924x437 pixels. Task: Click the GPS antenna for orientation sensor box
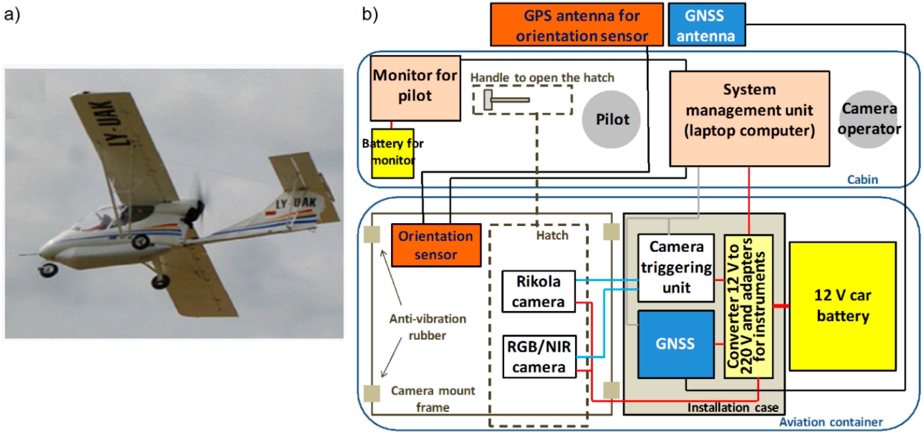coord(577,25)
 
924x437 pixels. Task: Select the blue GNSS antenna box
coord(706,25)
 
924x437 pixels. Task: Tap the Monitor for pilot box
coord(415,88)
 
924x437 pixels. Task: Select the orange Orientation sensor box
coord(435,245)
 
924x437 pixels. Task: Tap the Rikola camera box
coord(538,291)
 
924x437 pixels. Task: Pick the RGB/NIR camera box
coord(539,356)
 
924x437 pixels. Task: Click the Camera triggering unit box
coord(676,267)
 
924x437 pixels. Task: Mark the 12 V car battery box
coord(842,306)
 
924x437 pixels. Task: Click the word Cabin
coord(862,179)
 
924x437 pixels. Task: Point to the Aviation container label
coord(830,422)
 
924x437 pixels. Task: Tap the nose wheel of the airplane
coord(48,269)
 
